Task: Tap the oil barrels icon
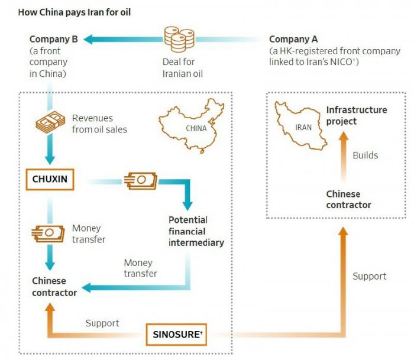click(179, 39)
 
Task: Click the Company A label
click(293, 40)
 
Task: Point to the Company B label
click(54, 39)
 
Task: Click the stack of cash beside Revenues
click(50, 122)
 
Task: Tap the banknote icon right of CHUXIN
click(141, 180)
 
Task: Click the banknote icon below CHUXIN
click(48, 233)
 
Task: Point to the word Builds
click(366, 155)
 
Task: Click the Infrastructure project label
click(357, 116)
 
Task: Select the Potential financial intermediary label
click(196, 231)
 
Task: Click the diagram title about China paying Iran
click(74, 12)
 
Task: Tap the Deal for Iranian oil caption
click(183, 67)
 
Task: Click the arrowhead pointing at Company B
click(88, 40)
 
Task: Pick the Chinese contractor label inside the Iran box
click(348, 200)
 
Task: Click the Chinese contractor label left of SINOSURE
click(54, 287)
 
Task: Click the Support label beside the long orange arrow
click(370, 276)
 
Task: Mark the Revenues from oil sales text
click(99, 124)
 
